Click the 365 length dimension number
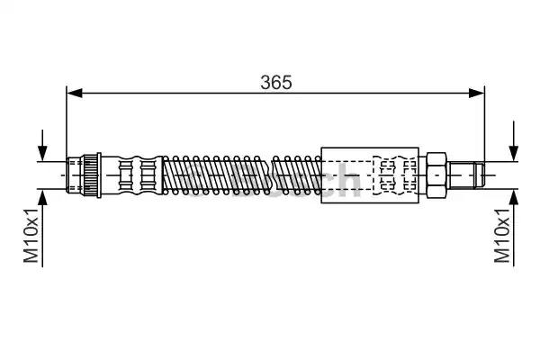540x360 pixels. (x=276, y=82)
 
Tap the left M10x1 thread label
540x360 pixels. (x=31, y=235)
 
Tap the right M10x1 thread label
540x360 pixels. (x=502, y=235)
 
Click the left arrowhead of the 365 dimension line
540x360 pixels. (x=75, y=93)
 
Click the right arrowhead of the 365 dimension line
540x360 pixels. (x=477, y=93)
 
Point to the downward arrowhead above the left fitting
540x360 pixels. (x=42, y=153)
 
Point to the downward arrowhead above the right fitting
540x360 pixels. (x=514, y=153)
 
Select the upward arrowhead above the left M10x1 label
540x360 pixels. (x=42, y=197)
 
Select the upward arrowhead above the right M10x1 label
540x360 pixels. (x=514, y=197)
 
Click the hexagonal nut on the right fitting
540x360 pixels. (x=436, y=175)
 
